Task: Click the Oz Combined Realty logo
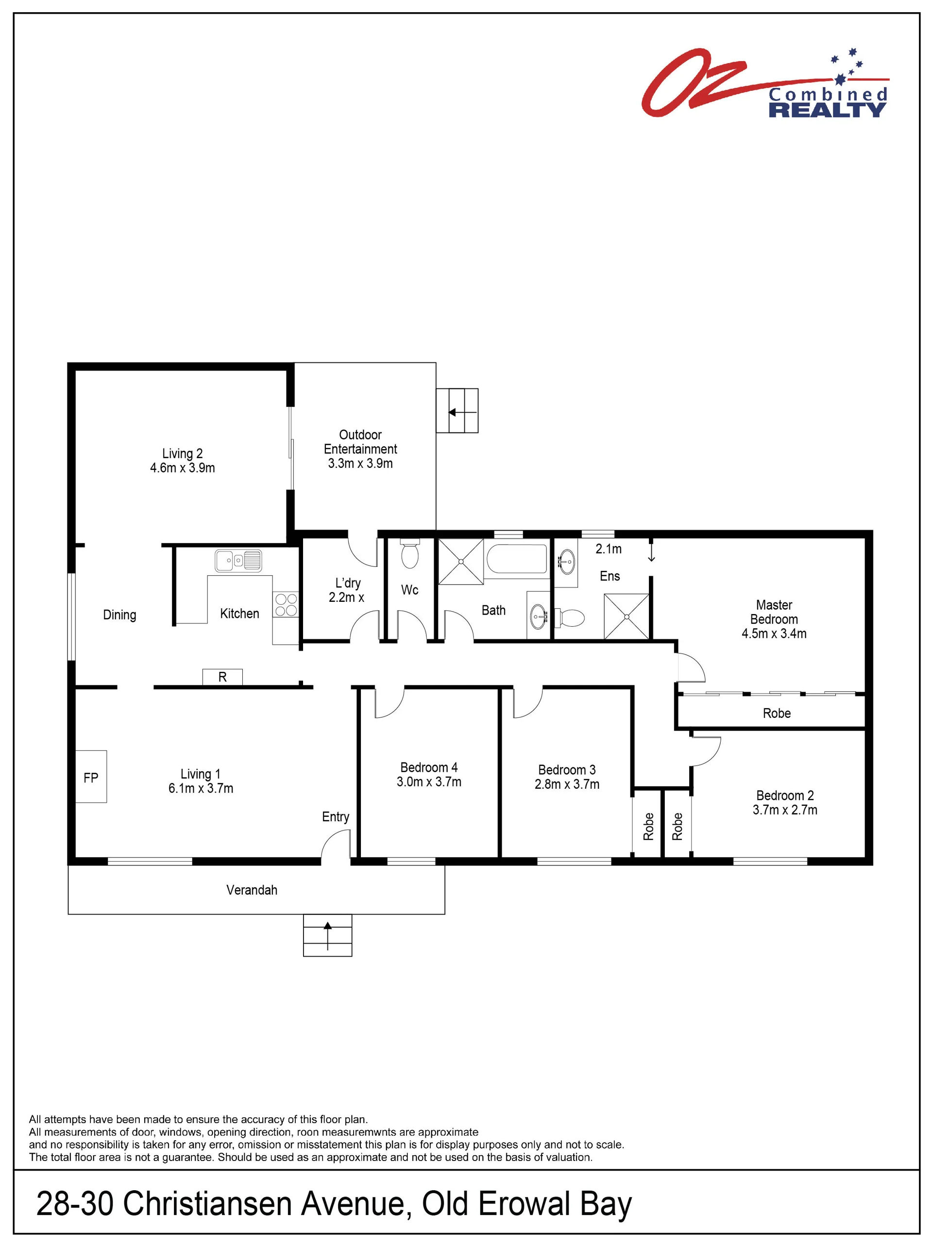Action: click(x=764, y=83)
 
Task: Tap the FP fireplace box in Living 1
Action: click(x=91, y=776)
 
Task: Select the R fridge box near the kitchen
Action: click(x=222, y=677)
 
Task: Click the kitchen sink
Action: click(x=238, y=561)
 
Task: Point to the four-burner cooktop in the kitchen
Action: click(x=286, y=604)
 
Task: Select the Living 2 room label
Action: click(x=183, y=460)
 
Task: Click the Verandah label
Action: click(x=252, y=890)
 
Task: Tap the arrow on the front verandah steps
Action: click(x=327, y=936)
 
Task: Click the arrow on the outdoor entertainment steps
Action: click(x=463, y=412)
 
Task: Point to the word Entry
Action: click(x=336, y=817)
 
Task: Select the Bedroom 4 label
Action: click(x=429, y=767)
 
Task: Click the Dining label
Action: click(x=119, y=615)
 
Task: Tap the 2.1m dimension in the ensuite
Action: click(x=609, y=548)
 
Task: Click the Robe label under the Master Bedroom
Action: click(x=777, y=713)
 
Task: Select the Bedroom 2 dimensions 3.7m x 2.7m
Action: click(x=785, y=810)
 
